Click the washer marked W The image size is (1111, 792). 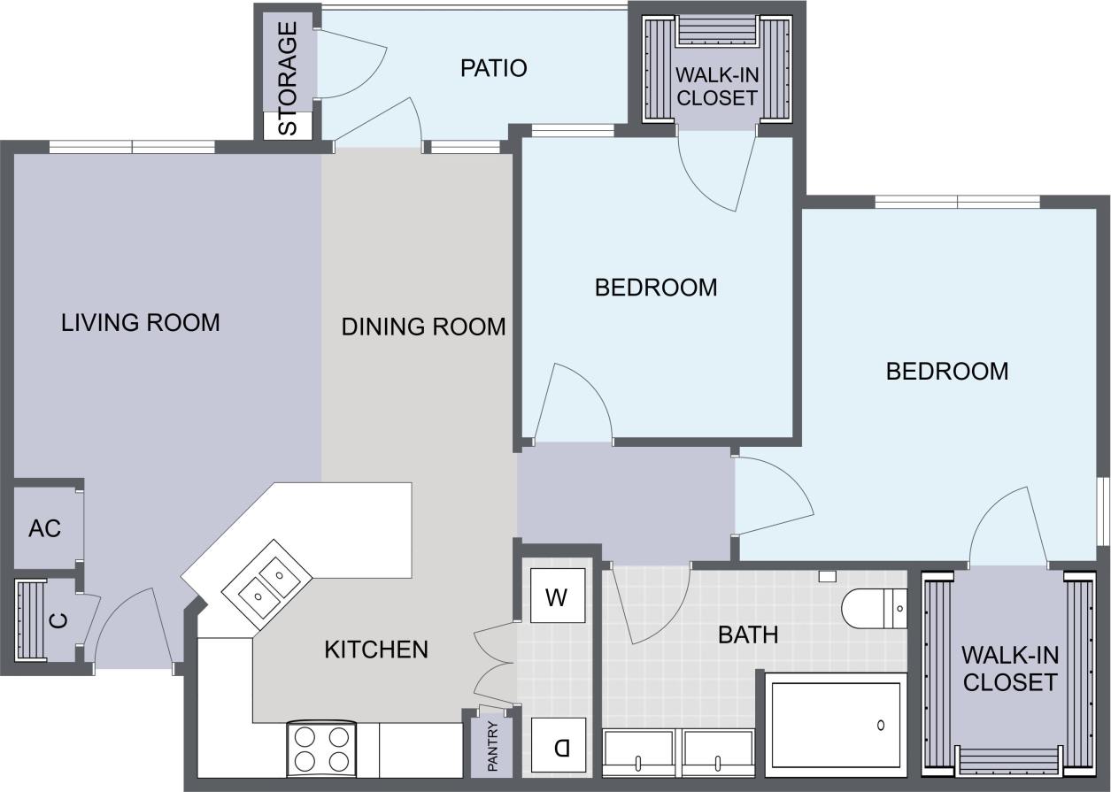coord(557,598)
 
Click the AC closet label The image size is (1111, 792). coord(44,528)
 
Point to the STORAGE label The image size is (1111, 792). coord(289,79)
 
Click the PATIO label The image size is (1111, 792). coord(493,68)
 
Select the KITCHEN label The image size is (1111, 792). coord(375,650)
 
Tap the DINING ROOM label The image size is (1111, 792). coord(423,327)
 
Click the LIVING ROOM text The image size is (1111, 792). coord(140,322)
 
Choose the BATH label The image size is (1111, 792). coord(748,634)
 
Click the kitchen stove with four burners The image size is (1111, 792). coord(321,749)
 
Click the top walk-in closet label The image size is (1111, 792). coord(716,87)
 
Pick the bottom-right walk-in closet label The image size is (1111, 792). coord(1009,669)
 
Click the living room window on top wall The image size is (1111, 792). coord(132,147)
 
